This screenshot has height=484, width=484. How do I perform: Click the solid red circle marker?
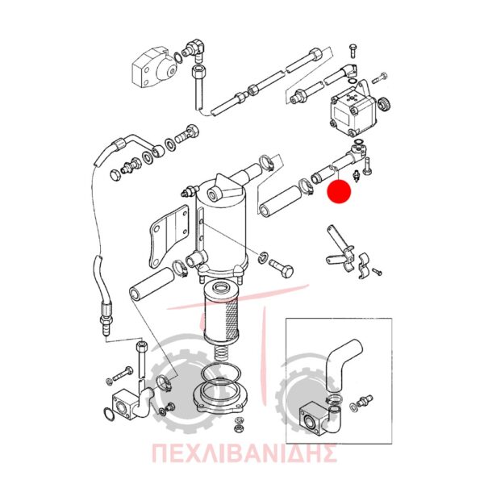pos(339,191)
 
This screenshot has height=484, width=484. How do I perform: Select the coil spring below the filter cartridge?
pos(221,353)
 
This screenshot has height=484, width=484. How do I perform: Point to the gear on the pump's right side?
pos(384,104)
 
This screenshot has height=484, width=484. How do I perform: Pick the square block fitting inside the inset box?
pos(313,419)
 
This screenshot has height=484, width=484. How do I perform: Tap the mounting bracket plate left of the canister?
pos(169,236)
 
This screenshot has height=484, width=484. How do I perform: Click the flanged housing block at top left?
pos(153,69)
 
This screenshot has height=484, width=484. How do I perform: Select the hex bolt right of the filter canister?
pos(281,268)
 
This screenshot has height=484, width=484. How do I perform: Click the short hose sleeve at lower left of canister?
pos(152,284)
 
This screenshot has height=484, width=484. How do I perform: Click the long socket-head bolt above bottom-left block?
pos(140,361)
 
